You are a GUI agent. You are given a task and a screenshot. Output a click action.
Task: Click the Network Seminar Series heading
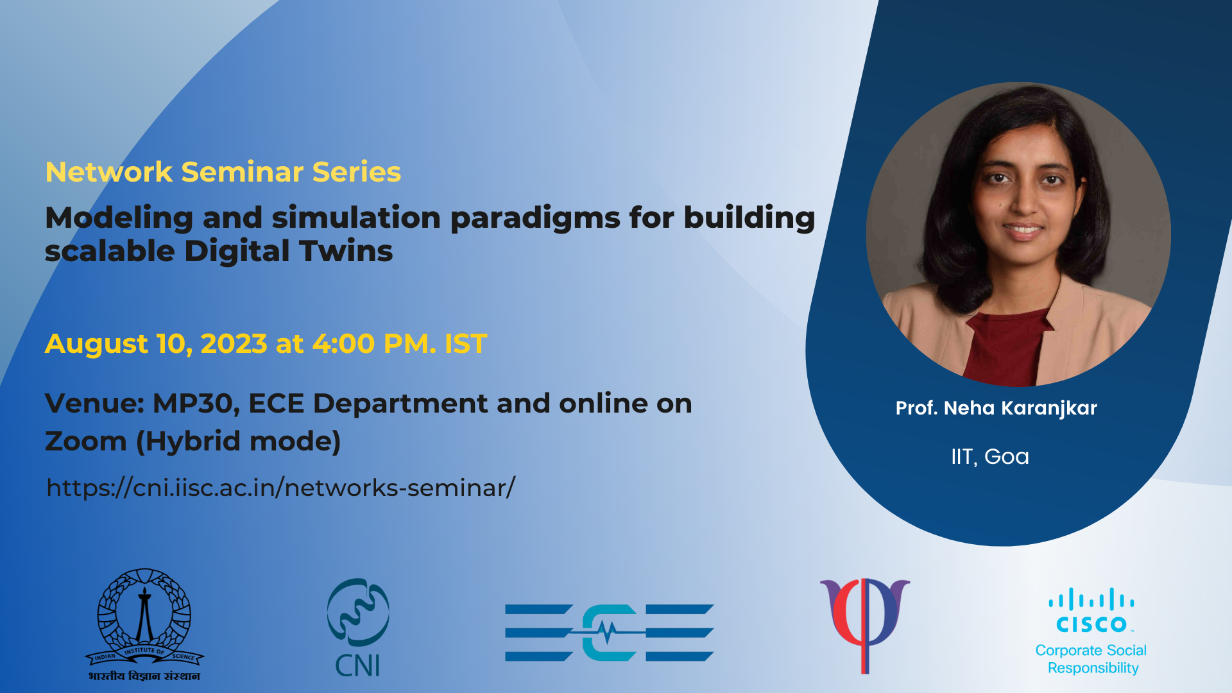[223, 172]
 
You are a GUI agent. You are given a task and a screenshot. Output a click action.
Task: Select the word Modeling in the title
[119, 218]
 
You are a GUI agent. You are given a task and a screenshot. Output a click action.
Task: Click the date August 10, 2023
[156, 344]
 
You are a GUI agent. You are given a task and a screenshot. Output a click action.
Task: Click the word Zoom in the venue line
[86, 441]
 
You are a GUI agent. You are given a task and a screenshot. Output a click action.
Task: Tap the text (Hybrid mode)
[238, 441]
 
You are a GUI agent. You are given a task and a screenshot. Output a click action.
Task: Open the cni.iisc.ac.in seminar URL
[281, 488]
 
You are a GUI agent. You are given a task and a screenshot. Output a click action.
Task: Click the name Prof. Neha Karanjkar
[996, 408]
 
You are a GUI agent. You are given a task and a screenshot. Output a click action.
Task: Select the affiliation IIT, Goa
[989, 456]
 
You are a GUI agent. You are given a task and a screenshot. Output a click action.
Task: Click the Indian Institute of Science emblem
[144, 624]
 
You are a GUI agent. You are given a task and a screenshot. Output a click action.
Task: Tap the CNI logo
[358, 628]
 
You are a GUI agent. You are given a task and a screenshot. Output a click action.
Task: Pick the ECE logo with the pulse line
[610, 633]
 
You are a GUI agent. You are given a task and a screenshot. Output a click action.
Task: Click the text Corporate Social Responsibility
[1091, 659]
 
